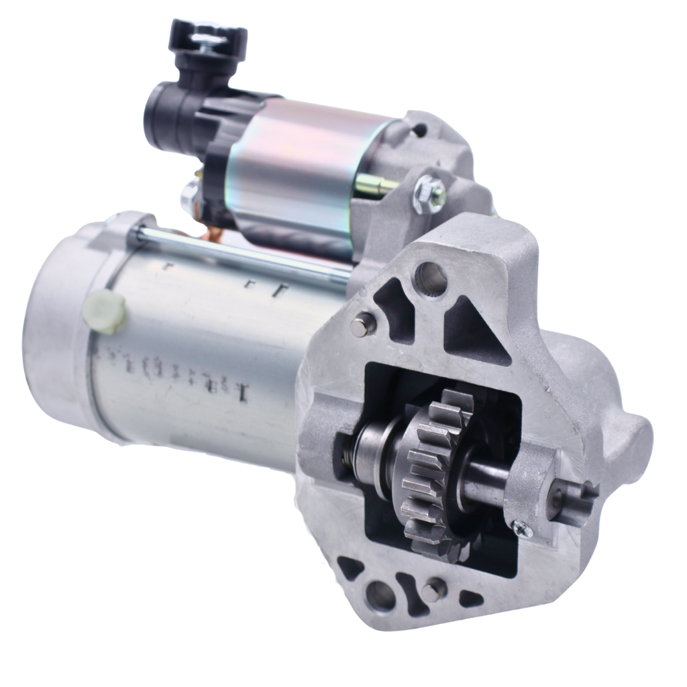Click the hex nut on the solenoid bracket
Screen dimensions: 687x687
click(429, 195)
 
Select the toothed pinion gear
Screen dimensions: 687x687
click(436, 470)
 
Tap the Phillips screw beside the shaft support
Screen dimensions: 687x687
click(523, 529)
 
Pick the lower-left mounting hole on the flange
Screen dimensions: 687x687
click(380, 594)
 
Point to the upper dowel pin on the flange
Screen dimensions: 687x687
click(362, 325)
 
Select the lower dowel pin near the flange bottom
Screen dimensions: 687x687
click(433, 590)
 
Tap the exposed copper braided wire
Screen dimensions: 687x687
click(213, 231)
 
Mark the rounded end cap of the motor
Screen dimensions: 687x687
click(57, 322)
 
